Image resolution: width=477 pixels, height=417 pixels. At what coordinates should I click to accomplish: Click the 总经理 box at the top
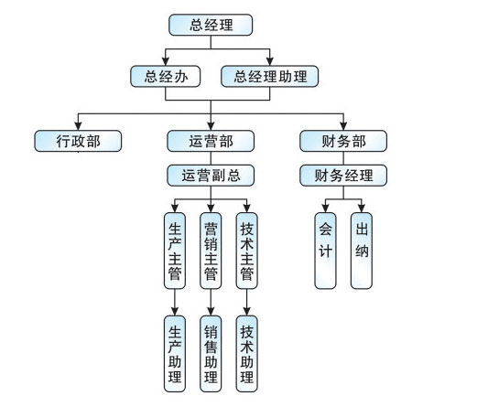click(x=211, y=25)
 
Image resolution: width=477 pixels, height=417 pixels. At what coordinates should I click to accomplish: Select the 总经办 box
click(x=166, y=76)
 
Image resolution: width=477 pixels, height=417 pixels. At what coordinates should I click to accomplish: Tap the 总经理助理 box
click(x=270, y=76)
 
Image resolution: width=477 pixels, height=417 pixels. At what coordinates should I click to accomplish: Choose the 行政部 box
click(x=78, y=141)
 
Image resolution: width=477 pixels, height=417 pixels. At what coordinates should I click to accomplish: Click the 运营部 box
click(x=211, y=141)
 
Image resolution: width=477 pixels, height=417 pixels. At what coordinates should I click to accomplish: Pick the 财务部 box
click(x=343, y=141)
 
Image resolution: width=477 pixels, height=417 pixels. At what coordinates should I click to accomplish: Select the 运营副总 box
click(x=211, y=176)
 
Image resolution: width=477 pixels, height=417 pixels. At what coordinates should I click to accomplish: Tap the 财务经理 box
click(x=343, y=176)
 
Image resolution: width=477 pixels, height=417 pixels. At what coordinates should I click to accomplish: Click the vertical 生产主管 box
click(x=175, y=251)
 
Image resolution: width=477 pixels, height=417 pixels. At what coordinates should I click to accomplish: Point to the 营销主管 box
click(x=211, y=251)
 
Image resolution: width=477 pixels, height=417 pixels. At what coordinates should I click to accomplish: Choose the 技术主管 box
click(x=247, y=251)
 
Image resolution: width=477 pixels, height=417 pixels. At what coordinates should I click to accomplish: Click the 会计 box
click(x=325, y=251)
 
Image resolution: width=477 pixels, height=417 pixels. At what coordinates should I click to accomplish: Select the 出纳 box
click(x=362, y=251)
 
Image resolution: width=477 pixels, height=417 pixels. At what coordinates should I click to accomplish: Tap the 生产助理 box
click(x=175, y=354)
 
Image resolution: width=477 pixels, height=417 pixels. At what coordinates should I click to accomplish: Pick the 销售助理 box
click(x=211, y=354)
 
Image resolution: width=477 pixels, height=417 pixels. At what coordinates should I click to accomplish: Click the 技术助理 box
click(x=247, y=354)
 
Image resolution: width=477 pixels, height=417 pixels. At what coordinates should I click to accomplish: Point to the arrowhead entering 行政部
click(x=78, y=126)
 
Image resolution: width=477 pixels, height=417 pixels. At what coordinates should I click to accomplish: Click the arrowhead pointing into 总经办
click(x=166, y=61)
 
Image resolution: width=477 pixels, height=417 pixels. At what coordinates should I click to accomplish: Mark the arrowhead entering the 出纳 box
click(x=362, y=208)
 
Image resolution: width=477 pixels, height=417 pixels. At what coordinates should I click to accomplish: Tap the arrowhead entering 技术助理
click(x=247, y=312)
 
